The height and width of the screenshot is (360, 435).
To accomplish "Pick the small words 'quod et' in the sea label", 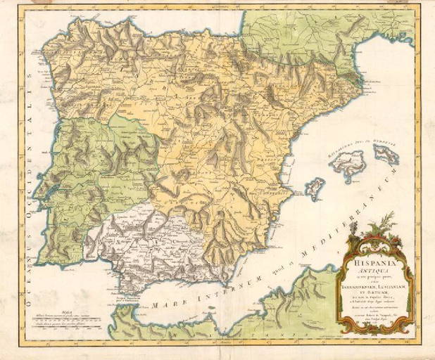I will [246, 274].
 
